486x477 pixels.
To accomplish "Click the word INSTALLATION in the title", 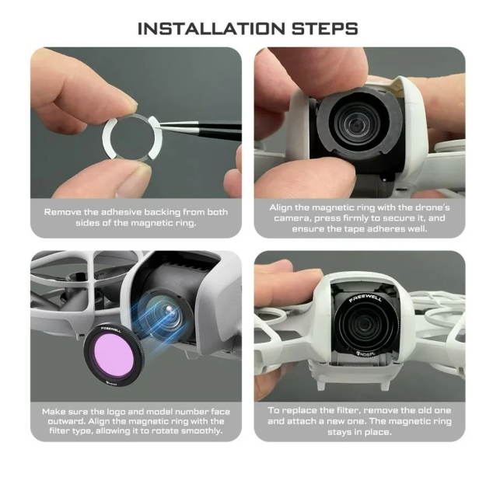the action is click(211, 29).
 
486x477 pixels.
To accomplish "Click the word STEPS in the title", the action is click(324, 29).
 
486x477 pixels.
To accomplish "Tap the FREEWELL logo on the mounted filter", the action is click(365, 298).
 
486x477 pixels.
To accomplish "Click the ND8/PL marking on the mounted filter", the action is click(365, 353).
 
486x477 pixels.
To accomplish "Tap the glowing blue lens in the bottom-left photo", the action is click(164, 312).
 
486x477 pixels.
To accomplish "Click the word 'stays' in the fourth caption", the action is click(337, 432).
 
